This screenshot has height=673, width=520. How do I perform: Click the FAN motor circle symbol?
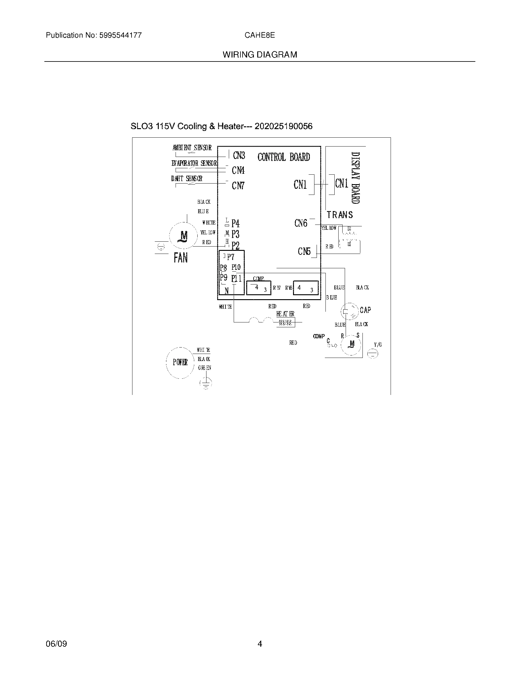coord(184,236)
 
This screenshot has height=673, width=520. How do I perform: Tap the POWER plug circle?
coord(180,363)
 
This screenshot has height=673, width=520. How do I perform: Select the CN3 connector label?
coord(239,155)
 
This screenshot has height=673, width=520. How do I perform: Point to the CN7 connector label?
coord(238,185)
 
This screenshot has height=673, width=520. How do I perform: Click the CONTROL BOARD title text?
coord(284,157)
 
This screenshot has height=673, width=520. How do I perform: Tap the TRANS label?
coord(340,215)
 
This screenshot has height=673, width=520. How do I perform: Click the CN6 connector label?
coord(301,223)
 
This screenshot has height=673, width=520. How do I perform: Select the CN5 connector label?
coord(304,251)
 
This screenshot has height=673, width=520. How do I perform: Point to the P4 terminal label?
coord(235,223)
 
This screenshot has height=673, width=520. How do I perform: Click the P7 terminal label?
coord(231,257)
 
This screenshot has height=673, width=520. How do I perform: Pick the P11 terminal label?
coord(236,278)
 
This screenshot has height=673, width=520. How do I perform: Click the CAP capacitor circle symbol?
coord(350,311)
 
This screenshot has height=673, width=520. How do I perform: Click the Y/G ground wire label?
coord(378,345)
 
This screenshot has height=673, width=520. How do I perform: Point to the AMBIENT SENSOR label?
coord(192,148)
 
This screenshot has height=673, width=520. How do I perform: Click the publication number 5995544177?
coord(120,35)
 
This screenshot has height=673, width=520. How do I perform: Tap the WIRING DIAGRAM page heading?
coord(260,55)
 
